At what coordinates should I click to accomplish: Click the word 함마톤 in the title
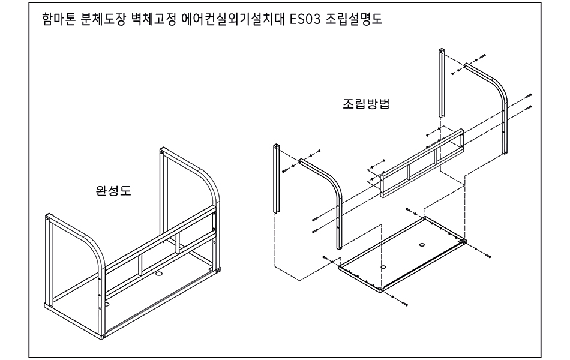[58, 19]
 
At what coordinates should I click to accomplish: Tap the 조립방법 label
[366, 103]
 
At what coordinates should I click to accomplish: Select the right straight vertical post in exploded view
[442, 84]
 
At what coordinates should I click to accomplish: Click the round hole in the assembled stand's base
[160, 274]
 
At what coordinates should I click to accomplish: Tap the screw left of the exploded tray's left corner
[325, 257]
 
